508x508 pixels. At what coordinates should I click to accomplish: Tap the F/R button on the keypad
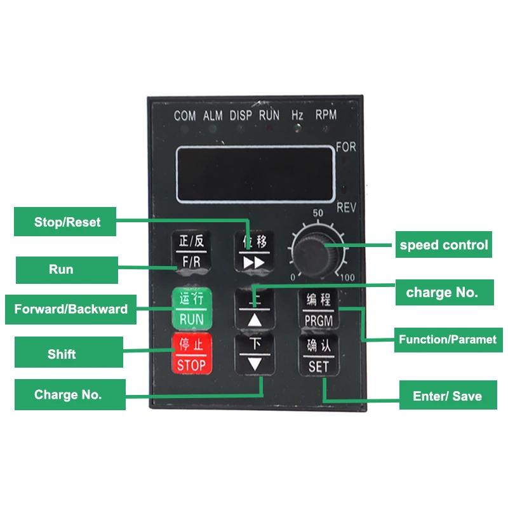click(x=191, y=251)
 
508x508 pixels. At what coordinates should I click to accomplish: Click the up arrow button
click(x=255, y=309)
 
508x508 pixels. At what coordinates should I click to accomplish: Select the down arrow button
click(x=255, y=354)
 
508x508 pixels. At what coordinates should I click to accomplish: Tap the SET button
click(x=318, y=356)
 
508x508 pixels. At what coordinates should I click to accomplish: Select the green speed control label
click(x=444, y=244)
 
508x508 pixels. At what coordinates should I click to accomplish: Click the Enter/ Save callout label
click(x=447, y=396)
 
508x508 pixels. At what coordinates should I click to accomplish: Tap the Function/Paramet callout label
click(x=448, y=340)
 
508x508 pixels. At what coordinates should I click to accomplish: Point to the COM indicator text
click(x=185, y=116)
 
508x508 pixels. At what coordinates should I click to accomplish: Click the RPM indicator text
click(x=326, y=115)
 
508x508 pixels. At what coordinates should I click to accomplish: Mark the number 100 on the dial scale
click(x=347, y=277)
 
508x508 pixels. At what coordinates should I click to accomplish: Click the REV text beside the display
click(x=346, y=207)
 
